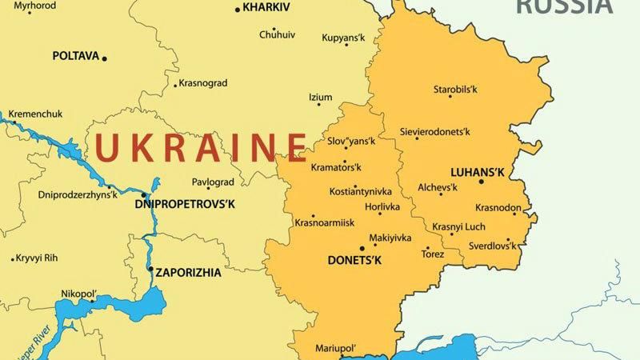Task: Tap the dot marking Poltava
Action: (x=104, y=58)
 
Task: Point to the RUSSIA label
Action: (x=563, y=6)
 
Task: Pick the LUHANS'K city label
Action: (x=478, y=171)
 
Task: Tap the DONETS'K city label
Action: (x=355, y=261)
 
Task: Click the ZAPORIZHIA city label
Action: (x=188, y=272)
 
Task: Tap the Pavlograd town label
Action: (x=213, y=182)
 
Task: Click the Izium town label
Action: (x=320, y=98)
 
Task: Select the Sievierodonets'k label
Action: (x=435, y=131)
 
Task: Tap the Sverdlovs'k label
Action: (x=490, y=246)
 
